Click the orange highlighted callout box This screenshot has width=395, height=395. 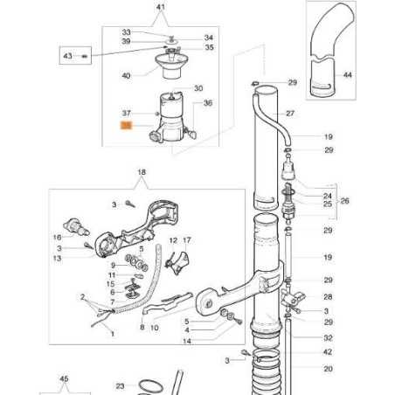coord(125,127)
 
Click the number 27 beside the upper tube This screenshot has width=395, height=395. coord(290,114)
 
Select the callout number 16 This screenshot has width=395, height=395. coord(57,237)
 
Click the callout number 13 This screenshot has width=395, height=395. coord(57,258)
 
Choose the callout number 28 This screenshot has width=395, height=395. coord(328,297)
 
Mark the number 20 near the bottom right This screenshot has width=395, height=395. coord(328,368)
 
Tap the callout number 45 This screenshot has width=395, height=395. coord(63,378)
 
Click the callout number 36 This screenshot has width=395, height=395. coord(208,103)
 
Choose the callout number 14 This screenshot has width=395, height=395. coord(187,341)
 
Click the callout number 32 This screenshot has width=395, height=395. coord(328,336)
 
